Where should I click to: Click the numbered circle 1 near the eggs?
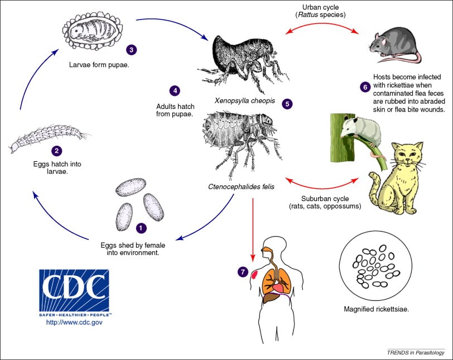click(141, 228)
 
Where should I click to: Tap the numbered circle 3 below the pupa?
click(131, 50)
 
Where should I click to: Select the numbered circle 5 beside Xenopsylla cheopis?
click(287, 104)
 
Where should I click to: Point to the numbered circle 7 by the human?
click(243, 272)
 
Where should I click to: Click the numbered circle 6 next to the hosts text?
click(365, 87)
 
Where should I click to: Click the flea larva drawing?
click(49, 137)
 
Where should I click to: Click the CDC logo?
click(74, 292)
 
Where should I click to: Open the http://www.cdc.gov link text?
click(74, 322)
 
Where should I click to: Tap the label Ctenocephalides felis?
click(241, 187)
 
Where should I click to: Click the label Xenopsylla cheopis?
click(245, 100)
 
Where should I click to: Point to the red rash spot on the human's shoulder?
click(254, 274)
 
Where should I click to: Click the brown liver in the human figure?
click(271, 297)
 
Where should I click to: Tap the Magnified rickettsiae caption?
click(376, 309)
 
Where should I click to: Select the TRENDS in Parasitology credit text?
click(416, 353)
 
